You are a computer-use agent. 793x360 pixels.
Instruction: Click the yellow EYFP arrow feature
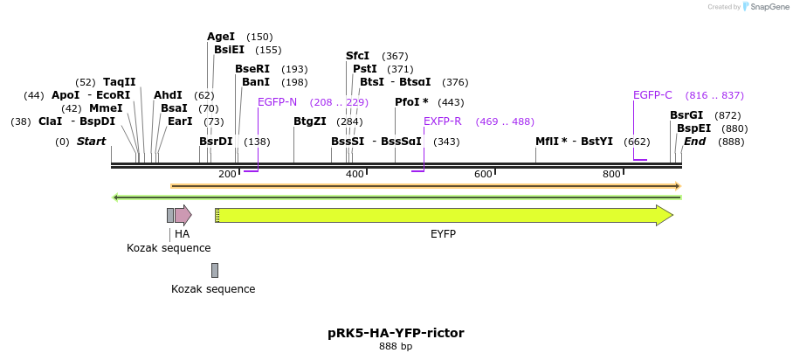coord(444,215)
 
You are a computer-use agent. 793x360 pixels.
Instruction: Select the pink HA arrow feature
coord(183,215)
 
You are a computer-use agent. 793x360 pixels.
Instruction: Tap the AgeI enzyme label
coord(221,37)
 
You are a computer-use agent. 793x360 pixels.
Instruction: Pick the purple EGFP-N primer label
coord(277,102)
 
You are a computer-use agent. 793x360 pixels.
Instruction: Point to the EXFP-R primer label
coord(442,121)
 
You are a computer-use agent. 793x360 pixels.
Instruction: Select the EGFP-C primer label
coord(652,95)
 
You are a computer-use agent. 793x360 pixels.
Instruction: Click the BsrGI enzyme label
coord(686,115)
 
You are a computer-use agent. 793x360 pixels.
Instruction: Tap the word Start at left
coord(91,142)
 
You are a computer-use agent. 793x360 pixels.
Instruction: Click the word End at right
coord(695,142)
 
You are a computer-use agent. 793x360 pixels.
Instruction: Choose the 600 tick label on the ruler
coord(483,175)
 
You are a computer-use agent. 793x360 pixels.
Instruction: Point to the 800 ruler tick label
coord(611,175)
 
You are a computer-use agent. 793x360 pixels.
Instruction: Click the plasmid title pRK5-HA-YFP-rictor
coord(396,333)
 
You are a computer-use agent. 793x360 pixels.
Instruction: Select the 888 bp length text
coord(396,347)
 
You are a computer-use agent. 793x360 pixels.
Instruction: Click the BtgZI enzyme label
coord(310,121)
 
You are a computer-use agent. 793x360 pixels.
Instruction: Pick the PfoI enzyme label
coord(410,102)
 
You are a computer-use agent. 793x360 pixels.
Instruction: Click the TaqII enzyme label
coord(120,82)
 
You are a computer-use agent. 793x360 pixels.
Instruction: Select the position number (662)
coord(637,142)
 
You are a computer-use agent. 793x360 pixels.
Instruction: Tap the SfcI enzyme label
coord(358,56)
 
